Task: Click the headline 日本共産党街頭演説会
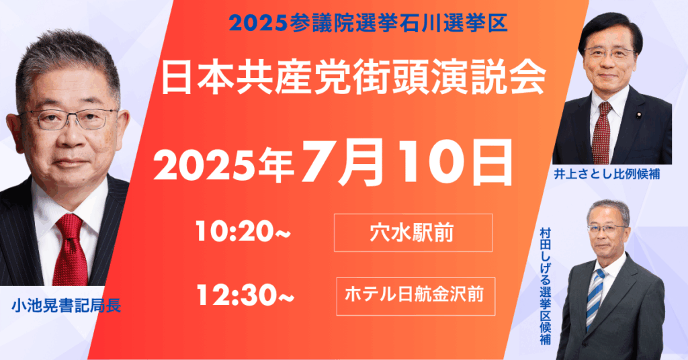point(353,79)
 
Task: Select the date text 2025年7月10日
point(333,163)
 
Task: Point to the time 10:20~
point(243,232)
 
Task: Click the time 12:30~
point(245,295)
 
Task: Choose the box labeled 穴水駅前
point(413,233)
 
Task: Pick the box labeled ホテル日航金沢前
point(415,296)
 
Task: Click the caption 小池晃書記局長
point(67,306)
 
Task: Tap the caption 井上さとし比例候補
point(607,174)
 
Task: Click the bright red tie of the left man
point(70,251)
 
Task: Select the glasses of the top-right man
point(610,52)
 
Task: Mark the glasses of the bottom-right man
point(607,228)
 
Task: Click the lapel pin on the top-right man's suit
point(638,117)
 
